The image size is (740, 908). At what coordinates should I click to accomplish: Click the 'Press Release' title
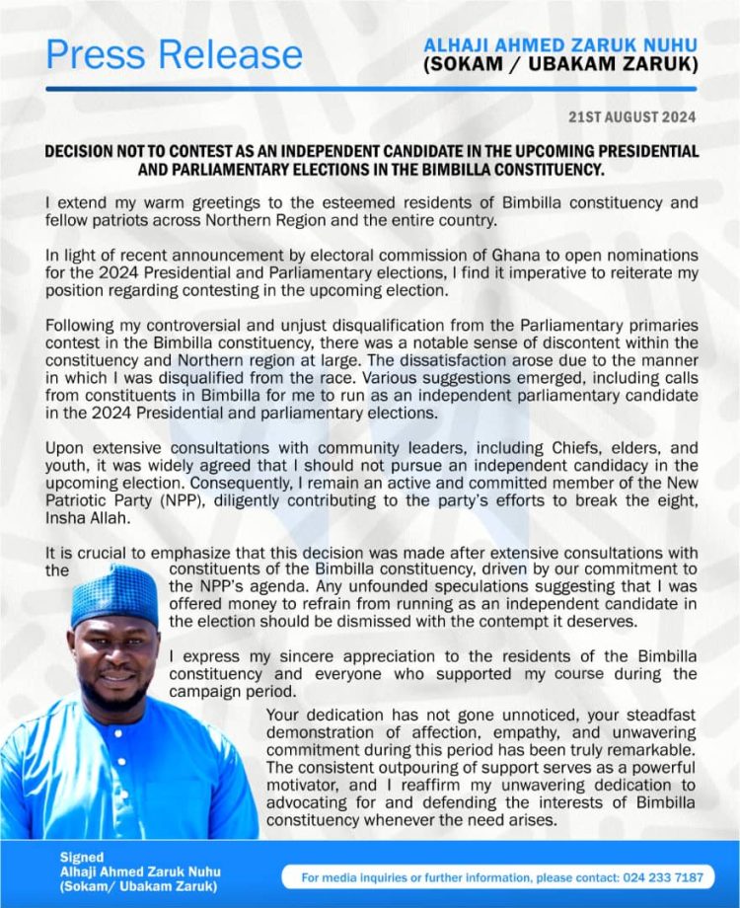(x=175, y=54)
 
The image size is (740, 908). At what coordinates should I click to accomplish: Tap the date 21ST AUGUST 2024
(x=631, y=117)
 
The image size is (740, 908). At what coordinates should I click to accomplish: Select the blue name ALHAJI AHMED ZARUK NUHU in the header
(x=560, y=45)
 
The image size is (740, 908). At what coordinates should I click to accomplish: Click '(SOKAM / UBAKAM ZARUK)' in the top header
(x=560, y=65)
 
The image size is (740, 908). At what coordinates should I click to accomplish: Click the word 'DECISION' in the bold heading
(x=84, y=151)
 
